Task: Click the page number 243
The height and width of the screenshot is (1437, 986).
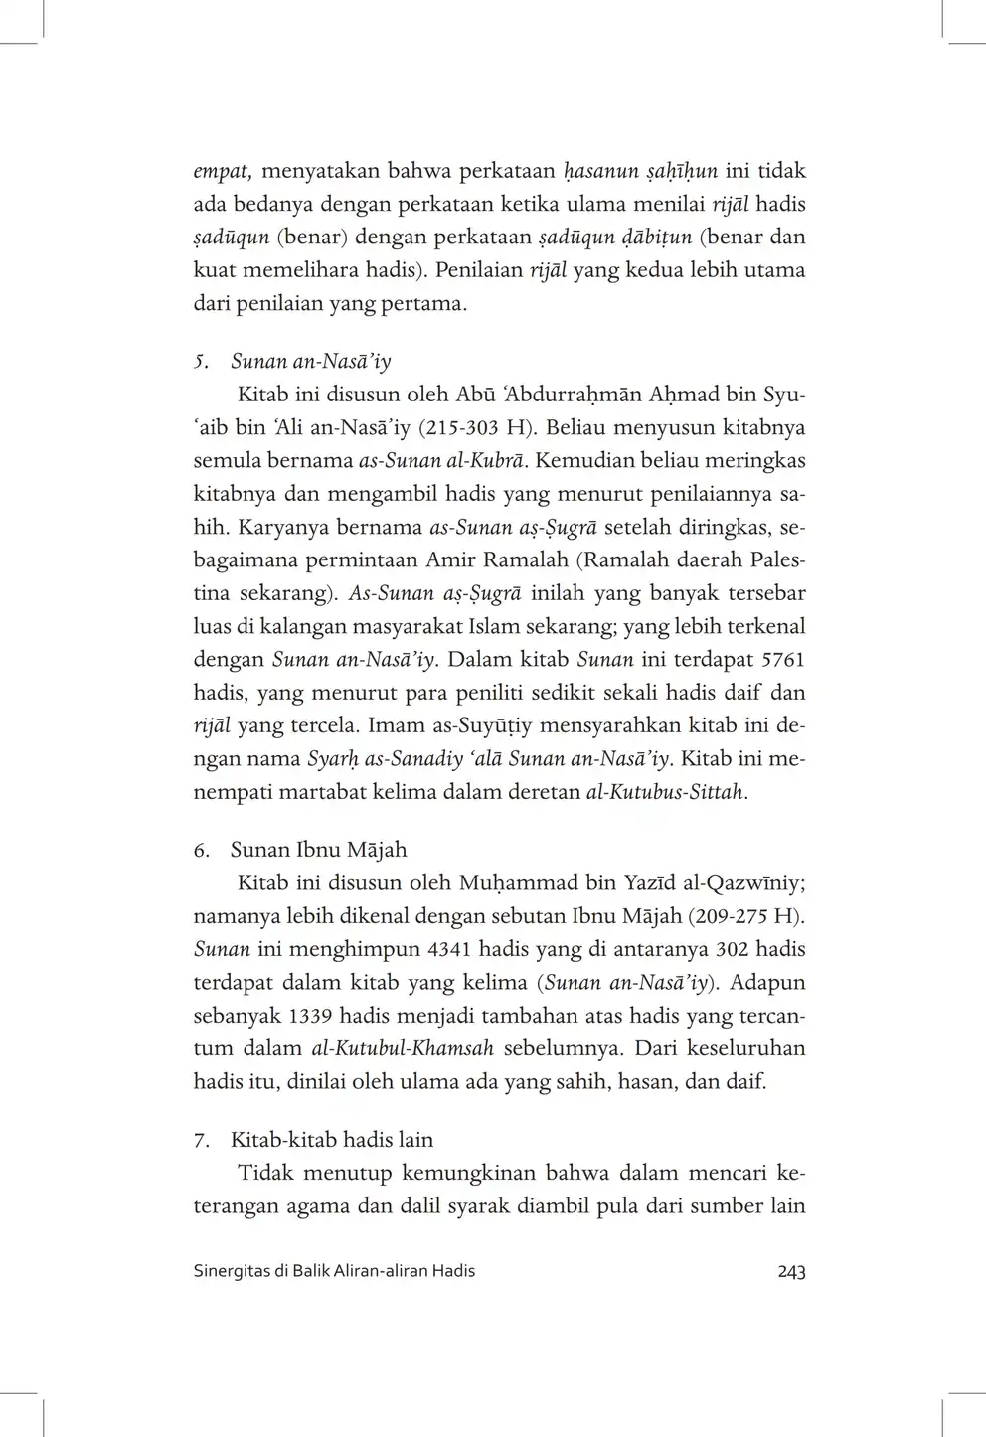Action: (791, 1271)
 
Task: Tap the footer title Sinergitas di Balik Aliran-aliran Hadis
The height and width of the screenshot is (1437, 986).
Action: (334, 1271)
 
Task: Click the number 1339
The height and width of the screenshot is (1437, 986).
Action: (310, 1016)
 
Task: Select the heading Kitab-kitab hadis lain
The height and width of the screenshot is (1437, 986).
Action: (332, 1140)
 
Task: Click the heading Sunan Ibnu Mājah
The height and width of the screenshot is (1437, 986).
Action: (318, 850)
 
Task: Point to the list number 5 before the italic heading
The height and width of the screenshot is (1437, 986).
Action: (199, 363)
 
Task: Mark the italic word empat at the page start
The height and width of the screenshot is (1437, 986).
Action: (221, 171)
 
